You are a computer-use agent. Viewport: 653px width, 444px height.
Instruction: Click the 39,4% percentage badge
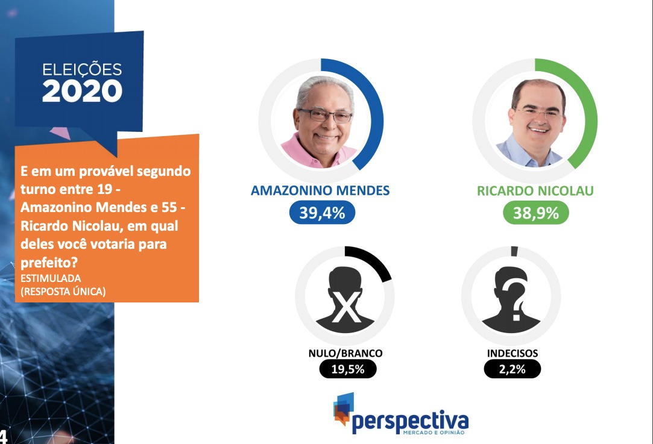coord(322,213)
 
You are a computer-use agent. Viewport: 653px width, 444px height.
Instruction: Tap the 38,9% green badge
coord(536,213)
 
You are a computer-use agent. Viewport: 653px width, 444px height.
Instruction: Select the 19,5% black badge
coord(348,369)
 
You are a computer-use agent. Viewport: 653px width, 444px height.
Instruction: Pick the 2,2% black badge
coord(513,369)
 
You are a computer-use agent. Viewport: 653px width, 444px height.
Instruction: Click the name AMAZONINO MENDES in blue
coord(320,190)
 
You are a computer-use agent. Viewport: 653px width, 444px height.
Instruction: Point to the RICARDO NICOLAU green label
coord(535,190)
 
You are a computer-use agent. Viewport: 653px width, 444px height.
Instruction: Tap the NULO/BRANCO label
coord(345,353)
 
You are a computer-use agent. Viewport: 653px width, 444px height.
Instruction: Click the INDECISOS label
coord(513,353)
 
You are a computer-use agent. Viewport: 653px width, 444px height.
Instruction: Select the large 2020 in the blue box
coord(82,91)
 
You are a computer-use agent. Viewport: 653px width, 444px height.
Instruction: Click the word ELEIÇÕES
coord(82,69)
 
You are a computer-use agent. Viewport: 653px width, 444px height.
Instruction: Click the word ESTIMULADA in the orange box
coord(51,278)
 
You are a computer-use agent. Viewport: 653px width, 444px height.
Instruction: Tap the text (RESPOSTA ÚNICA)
coord(63,292)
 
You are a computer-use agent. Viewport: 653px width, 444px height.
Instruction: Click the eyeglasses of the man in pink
coord(325,116)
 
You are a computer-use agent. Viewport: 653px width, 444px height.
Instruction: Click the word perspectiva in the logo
coord(410,422)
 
